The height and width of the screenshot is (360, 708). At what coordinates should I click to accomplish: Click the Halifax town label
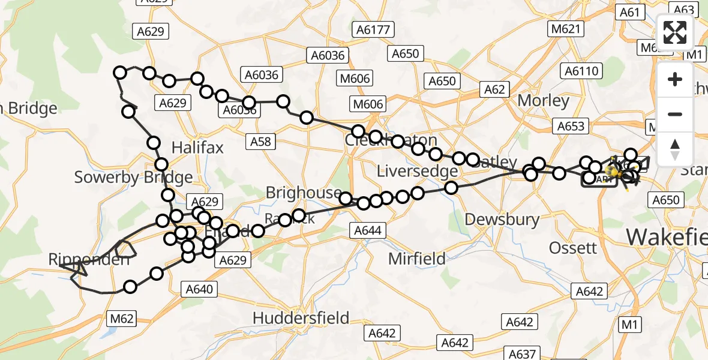click(x=197, y=147)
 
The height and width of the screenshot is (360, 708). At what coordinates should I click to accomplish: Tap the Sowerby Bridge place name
click(x=133, y=177)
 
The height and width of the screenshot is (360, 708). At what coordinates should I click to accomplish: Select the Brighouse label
click(x=304, y=193)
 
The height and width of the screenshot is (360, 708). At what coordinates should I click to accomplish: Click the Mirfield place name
click(x=417, y=259)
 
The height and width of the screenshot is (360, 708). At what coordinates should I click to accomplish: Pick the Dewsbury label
click(x=502, y=219)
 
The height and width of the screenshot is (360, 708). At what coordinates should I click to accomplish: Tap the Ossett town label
click(x=573, y=247)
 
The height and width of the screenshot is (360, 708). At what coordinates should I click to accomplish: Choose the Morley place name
click(x=543, y=100)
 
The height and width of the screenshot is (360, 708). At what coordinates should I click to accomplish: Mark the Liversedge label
click(x=417, y=172)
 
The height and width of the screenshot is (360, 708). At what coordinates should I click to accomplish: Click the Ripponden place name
click(x=89, y=260)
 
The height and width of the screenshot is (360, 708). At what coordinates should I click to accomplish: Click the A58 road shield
click(x=260, y=142)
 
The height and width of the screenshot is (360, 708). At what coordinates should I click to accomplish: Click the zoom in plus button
click(x=675, y=79)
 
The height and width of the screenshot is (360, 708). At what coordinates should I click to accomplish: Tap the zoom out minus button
click(x=675, y=114)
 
